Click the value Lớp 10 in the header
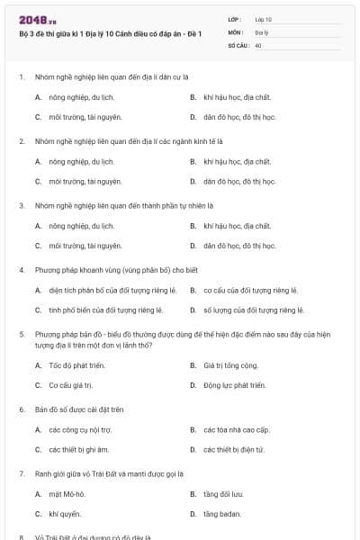coord(263,19)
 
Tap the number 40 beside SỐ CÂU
coord(258,44)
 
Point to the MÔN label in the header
coord(235,31)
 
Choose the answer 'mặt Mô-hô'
coord(67,494)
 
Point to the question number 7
coord(21,473)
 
